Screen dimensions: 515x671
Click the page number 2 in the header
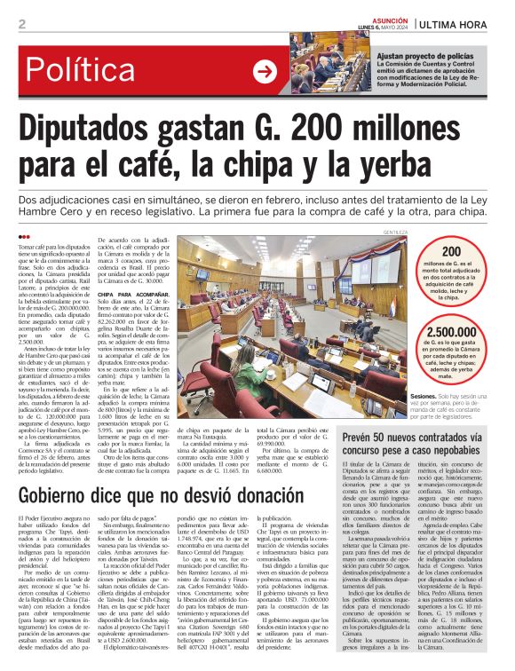(21, 23)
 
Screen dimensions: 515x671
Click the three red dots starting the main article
(25, 236)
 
